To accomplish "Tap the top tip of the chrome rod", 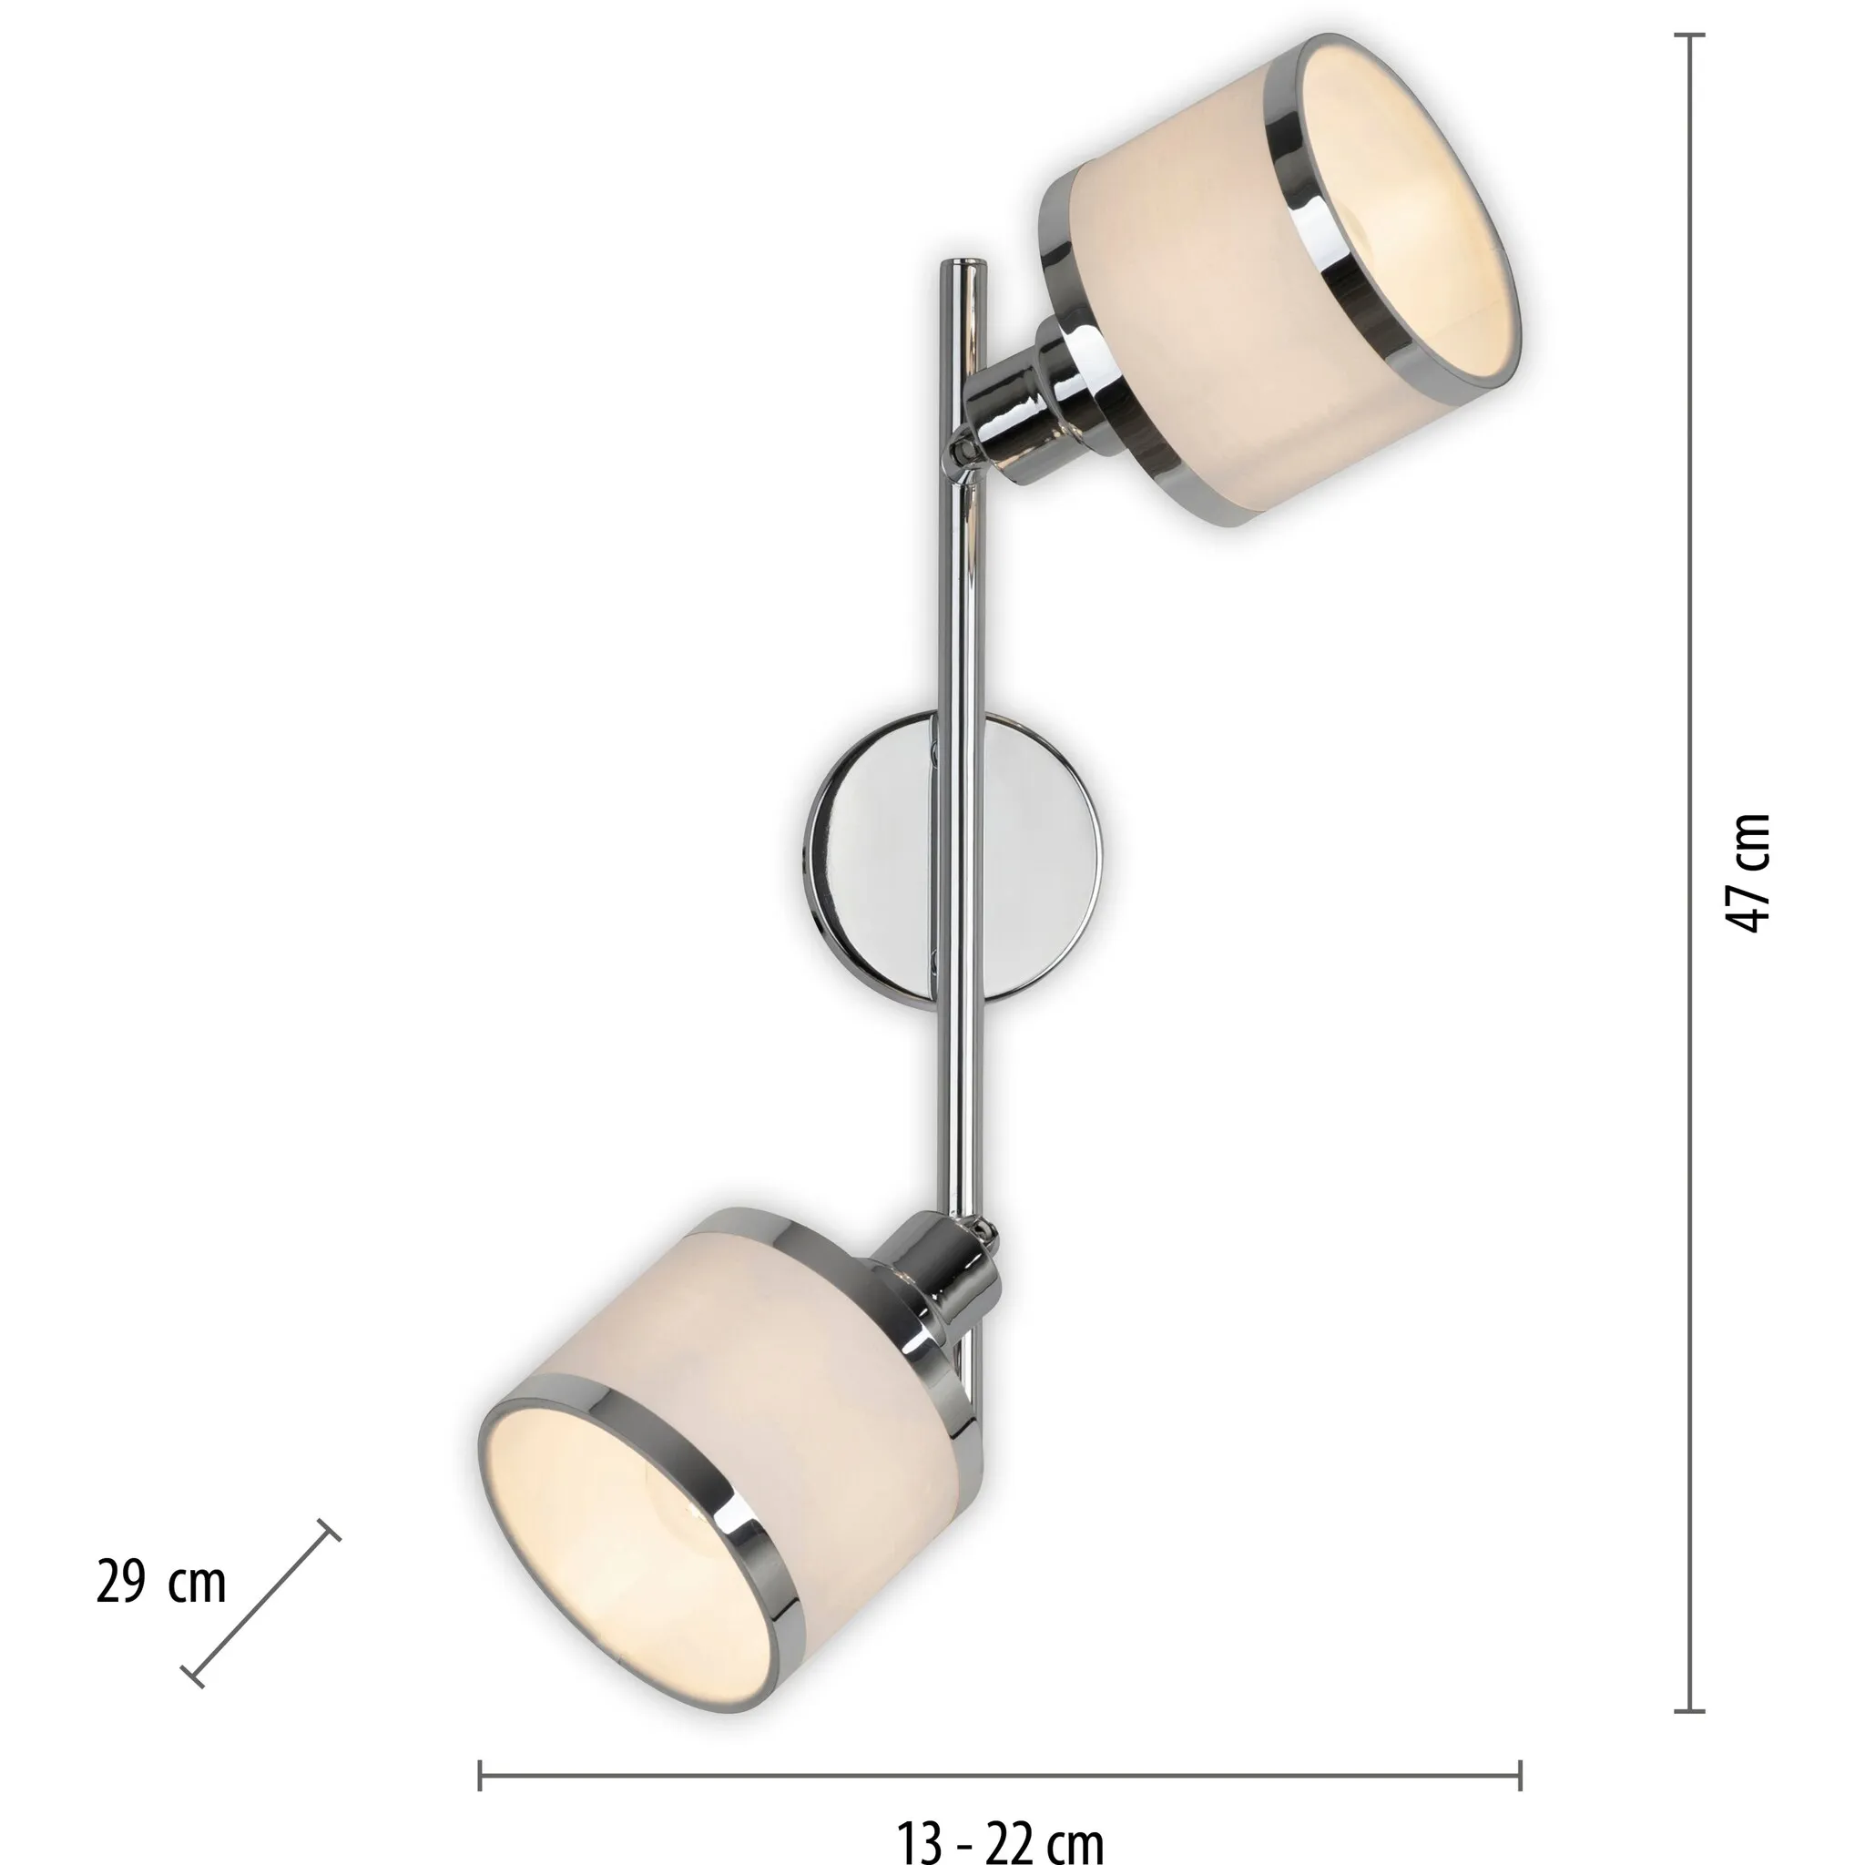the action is [963, 262].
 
